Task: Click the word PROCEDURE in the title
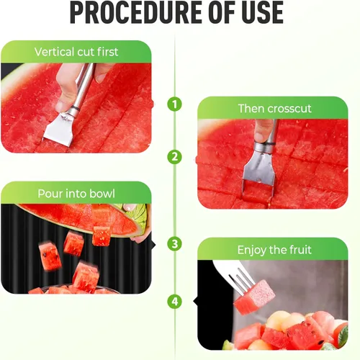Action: (x=122, y=14)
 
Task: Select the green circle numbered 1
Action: (x=174, y=104)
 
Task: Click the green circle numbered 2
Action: (x=174, y=157)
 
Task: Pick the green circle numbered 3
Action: (x=174, y=244)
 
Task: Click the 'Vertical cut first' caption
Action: (x=76, y=52)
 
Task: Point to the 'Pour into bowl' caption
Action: (x=76, y=194)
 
